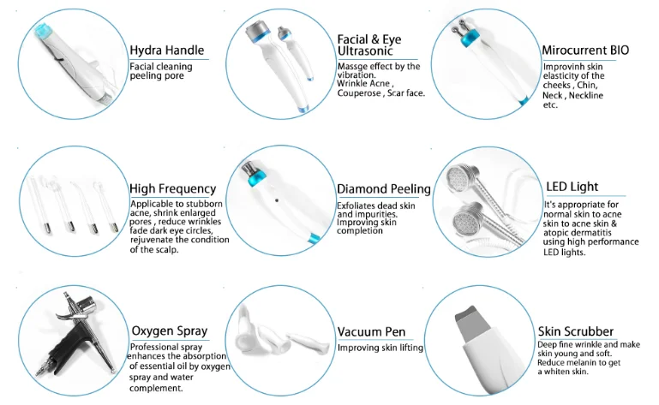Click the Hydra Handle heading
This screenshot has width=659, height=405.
click(169, 49)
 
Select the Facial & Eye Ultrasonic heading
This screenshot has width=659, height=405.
click(368, 46)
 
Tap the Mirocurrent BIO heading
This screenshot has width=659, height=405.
click(585, 51)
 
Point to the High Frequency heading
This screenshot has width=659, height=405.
click(172, 188)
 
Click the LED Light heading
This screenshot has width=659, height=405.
click(572, 187)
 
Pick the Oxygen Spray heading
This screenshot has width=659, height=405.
click(168, 331)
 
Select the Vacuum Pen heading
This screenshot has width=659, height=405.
click(371, 331)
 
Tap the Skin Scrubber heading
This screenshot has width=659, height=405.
click(575, 331)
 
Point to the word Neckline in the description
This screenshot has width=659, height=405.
click(585, 95)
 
